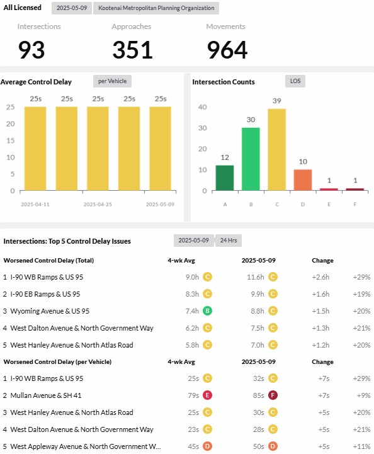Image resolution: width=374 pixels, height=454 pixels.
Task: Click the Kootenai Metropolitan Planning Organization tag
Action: click(x=156, y=8)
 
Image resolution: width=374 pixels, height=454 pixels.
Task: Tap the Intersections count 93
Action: click(x=31, y=50)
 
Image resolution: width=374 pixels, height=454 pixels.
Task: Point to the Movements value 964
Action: click(x=227, y=50)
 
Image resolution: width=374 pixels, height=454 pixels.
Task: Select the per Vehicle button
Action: click(x=112, y=81)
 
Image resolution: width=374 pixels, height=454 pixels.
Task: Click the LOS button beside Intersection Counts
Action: click(x=295, y=81)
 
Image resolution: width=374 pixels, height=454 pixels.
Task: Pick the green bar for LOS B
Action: click(x=251, y=159)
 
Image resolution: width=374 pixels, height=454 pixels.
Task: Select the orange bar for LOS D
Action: click(x=303, y=180)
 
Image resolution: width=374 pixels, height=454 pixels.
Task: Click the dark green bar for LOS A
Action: click(x=225, y=178)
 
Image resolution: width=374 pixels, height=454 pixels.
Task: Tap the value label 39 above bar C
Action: click(x=277, y=101)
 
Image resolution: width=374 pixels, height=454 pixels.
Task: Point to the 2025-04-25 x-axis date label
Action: click(x=98, y=205)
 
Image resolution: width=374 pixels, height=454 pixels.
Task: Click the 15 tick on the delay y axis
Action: click(x=11, y=140)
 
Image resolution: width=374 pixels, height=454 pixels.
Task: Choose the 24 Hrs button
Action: click(x=229, y=241)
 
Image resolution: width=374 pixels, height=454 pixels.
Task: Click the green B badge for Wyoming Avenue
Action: click(x=207, y=311)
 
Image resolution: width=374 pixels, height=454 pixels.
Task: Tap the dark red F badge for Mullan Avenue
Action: click(x=273, y=395)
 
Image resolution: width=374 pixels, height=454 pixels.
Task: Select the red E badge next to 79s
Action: click(x=207, y=395)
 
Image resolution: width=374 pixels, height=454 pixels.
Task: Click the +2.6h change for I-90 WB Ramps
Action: click(x=320, y=277)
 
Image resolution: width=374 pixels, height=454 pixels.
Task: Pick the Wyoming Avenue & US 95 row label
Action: click(x=50, y=311)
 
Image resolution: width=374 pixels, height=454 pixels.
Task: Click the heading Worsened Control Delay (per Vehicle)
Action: click(x=57, y=362)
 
